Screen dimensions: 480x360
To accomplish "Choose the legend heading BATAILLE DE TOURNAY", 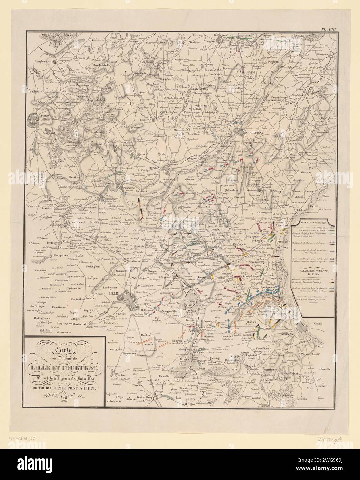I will click(x=313, y=279).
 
